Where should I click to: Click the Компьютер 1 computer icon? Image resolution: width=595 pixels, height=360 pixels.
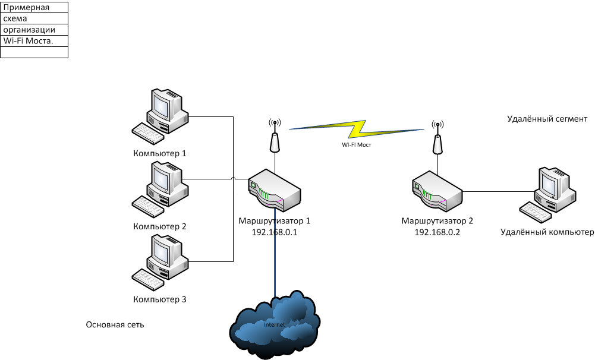click(161, 115)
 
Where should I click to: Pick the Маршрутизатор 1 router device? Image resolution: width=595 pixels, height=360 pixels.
click(275, 189)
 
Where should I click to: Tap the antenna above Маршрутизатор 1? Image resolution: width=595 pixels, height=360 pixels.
click(275, 137)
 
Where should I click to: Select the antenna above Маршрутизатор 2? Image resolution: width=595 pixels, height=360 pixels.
click(437, 138)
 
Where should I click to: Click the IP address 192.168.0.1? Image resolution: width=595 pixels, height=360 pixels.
click(275, 232)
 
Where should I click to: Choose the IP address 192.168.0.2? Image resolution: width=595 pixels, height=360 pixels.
click(437, 232)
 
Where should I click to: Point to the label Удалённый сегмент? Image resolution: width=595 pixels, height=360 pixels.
click(547, 119)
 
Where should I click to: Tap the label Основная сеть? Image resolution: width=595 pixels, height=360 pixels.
click(115, 325)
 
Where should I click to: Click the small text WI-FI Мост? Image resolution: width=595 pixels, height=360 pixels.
click(356, 144)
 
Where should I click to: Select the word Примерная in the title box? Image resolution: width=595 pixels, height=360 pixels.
click(26, 8)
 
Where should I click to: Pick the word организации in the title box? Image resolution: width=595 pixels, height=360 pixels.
click(29, 30)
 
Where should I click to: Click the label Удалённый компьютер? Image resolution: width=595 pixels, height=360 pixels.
click(547, 232)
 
